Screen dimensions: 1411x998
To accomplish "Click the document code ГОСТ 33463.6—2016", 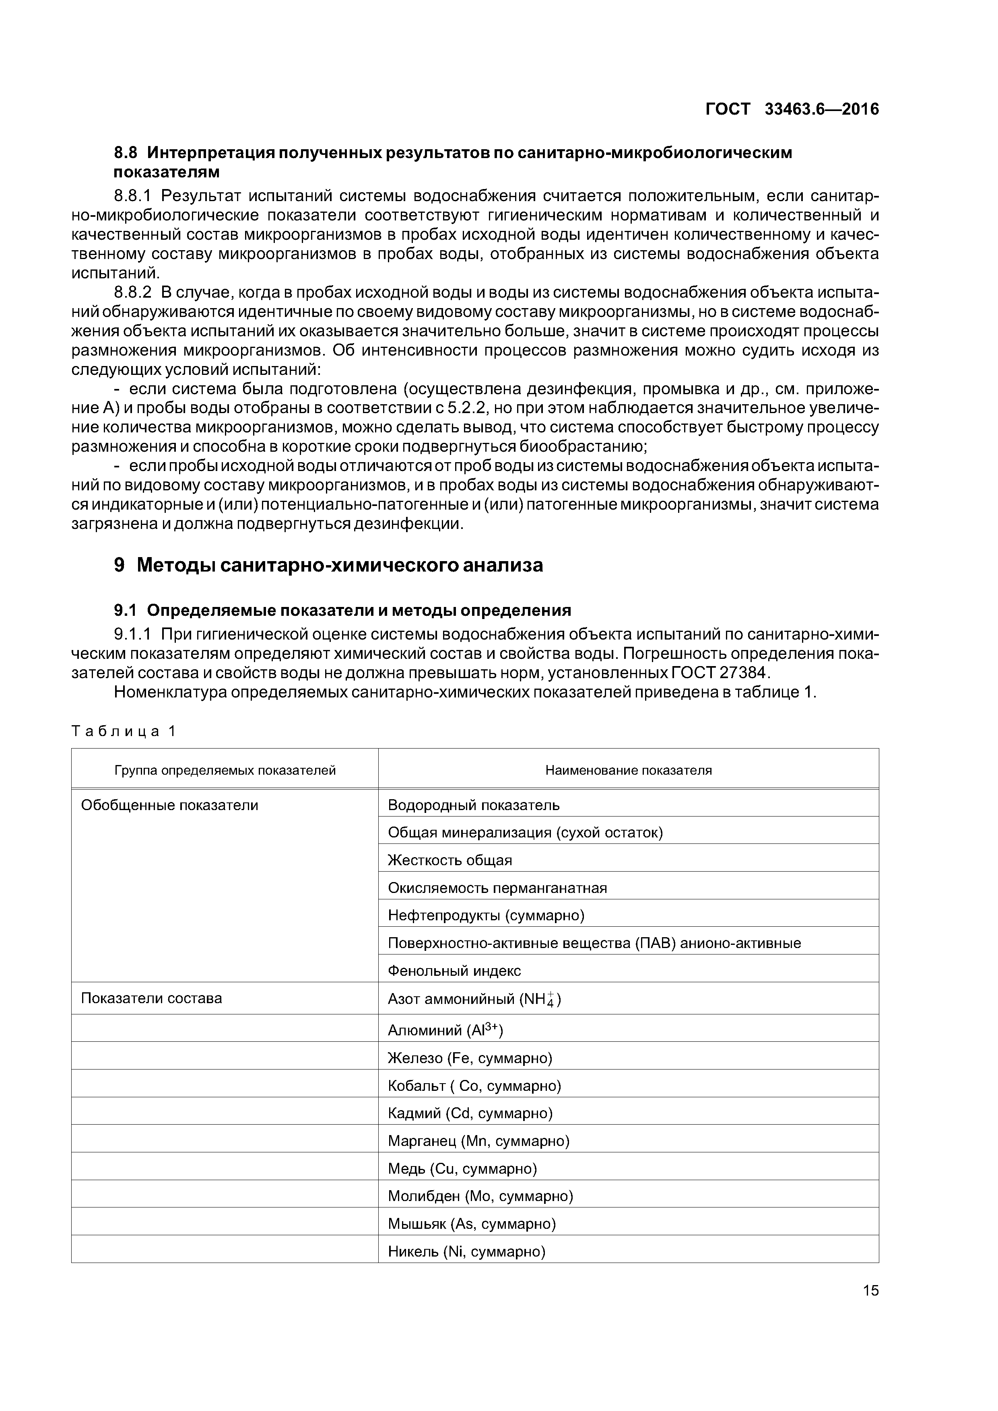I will [792, 109].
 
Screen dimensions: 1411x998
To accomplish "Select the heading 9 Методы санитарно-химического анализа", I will [328, 565].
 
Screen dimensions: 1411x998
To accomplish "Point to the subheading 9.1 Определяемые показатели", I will [342, 610].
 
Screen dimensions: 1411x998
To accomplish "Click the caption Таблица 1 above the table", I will [124, 731].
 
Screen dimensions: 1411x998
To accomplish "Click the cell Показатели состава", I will [151, 998].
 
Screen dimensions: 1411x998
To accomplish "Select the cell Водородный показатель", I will [474, 805].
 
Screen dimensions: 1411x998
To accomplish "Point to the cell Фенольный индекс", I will [454, 971].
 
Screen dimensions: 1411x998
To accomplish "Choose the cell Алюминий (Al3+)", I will [445, 1030].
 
